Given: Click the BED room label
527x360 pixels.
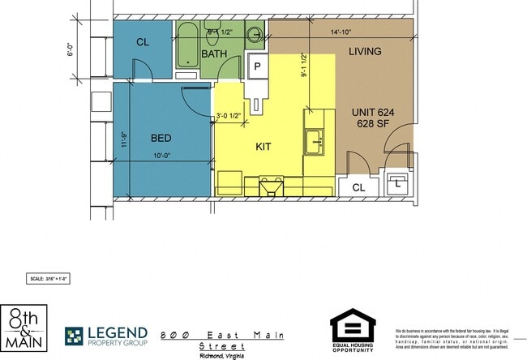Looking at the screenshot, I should click(161, 138).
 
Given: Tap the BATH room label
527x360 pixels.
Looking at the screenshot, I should click(215, 54).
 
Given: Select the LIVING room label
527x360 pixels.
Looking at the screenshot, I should click(365, 52).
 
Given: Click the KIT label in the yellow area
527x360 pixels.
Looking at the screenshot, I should click(263, 147).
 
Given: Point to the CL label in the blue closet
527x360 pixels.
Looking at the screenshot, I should click(143, 42).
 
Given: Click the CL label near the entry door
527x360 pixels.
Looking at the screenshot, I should click(358, 187).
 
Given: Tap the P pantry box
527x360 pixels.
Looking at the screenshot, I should click(258, 66).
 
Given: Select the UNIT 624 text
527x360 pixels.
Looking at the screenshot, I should click(374, 112).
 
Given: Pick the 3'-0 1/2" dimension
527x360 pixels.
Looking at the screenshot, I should click(229, 116).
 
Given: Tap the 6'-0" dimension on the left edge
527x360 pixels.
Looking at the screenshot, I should click(71, 49).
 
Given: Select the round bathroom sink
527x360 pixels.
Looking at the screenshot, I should click(255, 35).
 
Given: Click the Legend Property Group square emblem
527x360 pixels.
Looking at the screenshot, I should click(75, 336).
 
